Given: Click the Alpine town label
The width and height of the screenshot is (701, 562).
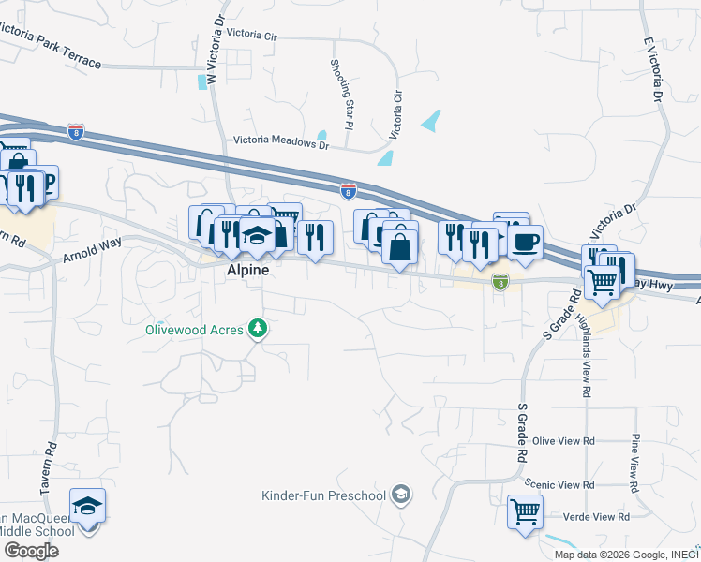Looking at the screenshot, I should pyautogui.click(x=248, y=270).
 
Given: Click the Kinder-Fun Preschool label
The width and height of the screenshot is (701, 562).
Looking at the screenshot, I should pyautogui.click(x=324, y=495).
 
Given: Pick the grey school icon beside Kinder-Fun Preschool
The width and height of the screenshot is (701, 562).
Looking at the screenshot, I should pyautogui.click(x=401, y=494).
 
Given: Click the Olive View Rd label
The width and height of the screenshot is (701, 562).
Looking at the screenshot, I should pyautogui.click(x=563, y=440).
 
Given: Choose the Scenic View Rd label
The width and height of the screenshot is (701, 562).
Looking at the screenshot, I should pyautogui.click(x=559, y=484).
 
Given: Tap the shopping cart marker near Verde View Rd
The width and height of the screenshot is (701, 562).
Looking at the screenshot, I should pyautogui.click(x=525, y=512).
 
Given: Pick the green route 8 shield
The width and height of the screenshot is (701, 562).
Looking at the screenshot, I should pyautogui.click(x=501, y=282).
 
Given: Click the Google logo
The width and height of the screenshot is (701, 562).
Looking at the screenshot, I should pyautogui.click(x=31, y=551).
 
